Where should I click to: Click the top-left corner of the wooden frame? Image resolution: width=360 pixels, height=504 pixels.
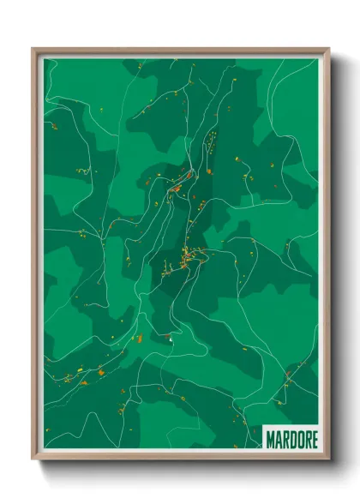click(x=33, y=50)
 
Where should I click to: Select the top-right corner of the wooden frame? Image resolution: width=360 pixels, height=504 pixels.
click(x=328, y=50)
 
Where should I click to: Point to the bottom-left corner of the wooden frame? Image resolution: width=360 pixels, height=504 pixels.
click(x=33, y=459)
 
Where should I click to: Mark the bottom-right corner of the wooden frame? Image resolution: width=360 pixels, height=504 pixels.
click(x=328, y=459)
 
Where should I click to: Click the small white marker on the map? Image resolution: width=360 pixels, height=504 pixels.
click(x=171, y=342)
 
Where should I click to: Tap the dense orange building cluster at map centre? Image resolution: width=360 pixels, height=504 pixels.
click(x=184, y=257)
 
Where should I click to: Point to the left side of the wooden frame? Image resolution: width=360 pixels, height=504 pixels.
click(x=35, y=257)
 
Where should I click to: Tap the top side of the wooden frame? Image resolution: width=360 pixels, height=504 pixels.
click(x=180, y=51)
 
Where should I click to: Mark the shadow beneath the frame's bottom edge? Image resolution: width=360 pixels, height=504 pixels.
click(x=180, y=467)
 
